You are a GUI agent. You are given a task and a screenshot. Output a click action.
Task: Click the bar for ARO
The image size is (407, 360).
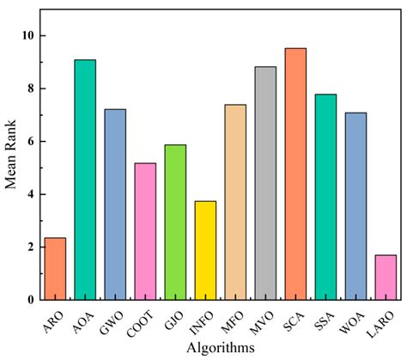tap(55, 268)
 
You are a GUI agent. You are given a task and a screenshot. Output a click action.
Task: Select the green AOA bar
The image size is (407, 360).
tap(85, 180)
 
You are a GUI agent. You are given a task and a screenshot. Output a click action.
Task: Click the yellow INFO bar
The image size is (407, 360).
tap(205, 250)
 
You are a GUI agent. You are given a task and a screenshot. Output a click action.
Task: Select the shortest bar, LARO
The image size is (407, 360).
tap(386, 277)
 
